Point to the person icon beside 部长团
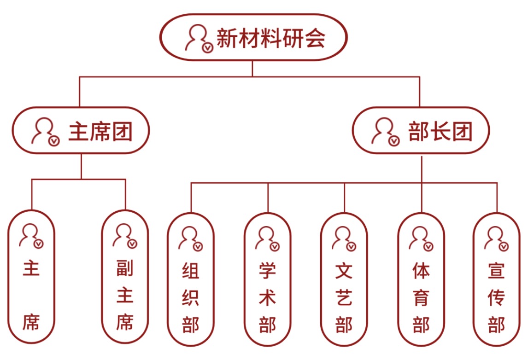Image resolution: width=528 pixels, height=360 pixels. click(385, 131)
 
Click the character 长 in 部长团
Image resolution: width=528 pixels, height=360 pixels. click(440, 131)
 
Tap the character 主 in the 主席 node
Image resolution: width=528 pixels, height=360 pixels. click(31, 268)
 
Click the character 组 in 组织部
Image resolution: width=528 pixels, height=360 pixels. click(190, 271)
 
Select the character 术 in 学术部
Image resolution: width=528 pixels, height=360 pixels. click(267, 298)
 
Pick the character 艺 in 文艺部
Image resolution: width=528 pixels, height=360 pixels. click(344, 298)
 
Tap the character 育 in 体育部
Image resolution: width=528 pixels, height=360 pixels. click(421, 298)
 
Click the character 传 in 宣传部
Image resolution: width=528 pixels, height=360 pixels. click(497, 298)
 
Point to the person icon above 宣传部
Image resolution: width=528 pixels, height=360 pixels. click(496, 238)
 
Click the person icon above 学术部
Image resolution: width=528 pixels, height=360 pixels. click(266, 238)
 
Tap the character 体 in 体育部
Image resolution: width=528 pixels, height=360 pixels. click(421, 271)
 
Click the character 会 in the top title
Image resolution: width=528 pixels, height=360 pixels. click(316, 38)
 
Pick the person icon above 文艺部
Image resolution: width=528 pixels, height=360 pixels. click(343, 238)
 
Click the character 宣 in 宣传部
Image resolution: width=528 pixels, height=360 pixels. click(497, 271)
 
